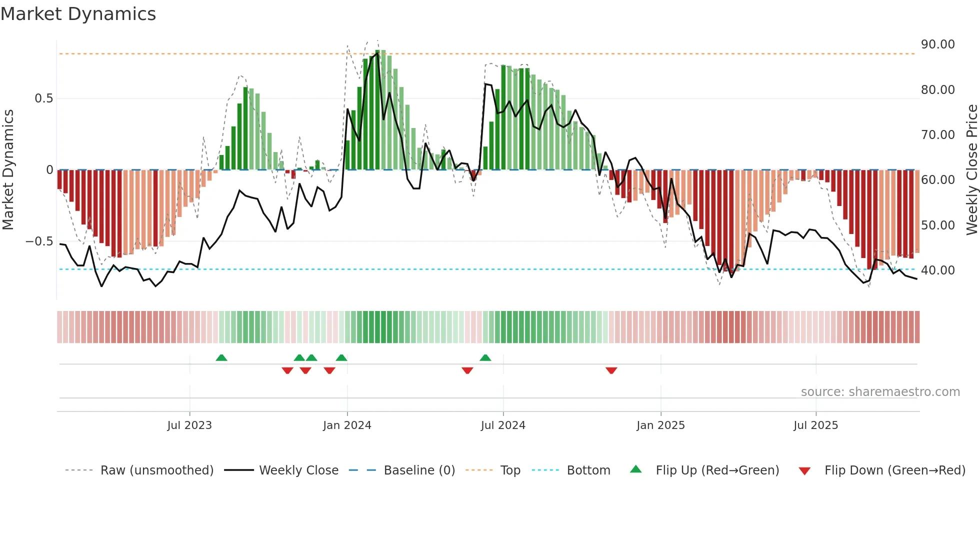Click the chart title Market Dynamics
pyautogui.click(x=78, y=14)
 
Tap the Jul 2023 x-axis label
pyautogui.click(x=189, y=425)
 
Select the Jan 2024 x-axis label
pyautogui.click(x=347, y=425)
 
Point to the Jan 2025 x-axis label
pyautogui.click(x=660, y=425)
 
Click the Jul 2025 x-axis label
pyautogui.click(x=815, y=425)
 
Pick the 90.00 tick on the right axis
pyautogui.click(x=937, y=44)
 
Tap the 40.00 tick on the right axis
pyautogui.click(x=937, y=270)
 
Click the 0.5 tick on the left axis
pyautogui.click(x=43, y=98)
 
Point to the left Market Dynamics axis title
pyautogui.click(x=8, y=170)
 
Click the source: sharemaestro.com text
pyautogui.click(x=880, y=392)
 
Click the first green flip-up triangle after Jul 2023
pyautogui.click(x=221, y=357)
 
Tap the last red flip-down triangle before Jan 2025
pyautogui.click(x=611, y=370)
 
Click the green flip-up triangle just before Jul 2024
pyautogui.click(x=485, y=357)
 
